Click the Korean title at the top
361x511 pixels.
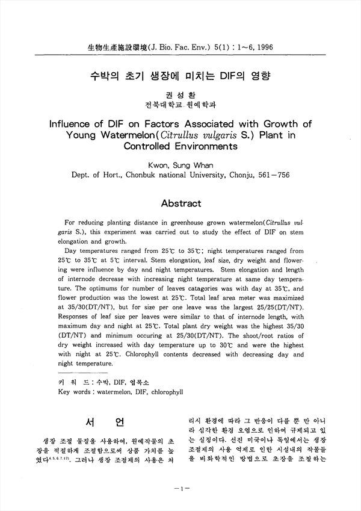(180, 76)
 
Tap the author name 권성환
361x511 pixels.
(180, 94)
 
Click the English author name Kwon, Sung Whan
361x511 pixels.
(180, 164)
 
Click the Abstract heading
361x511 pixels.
(180, 203)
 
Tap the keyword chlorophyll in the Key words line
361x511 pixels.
(162, 392)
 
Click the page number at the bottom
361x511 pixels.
(180, 489)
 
